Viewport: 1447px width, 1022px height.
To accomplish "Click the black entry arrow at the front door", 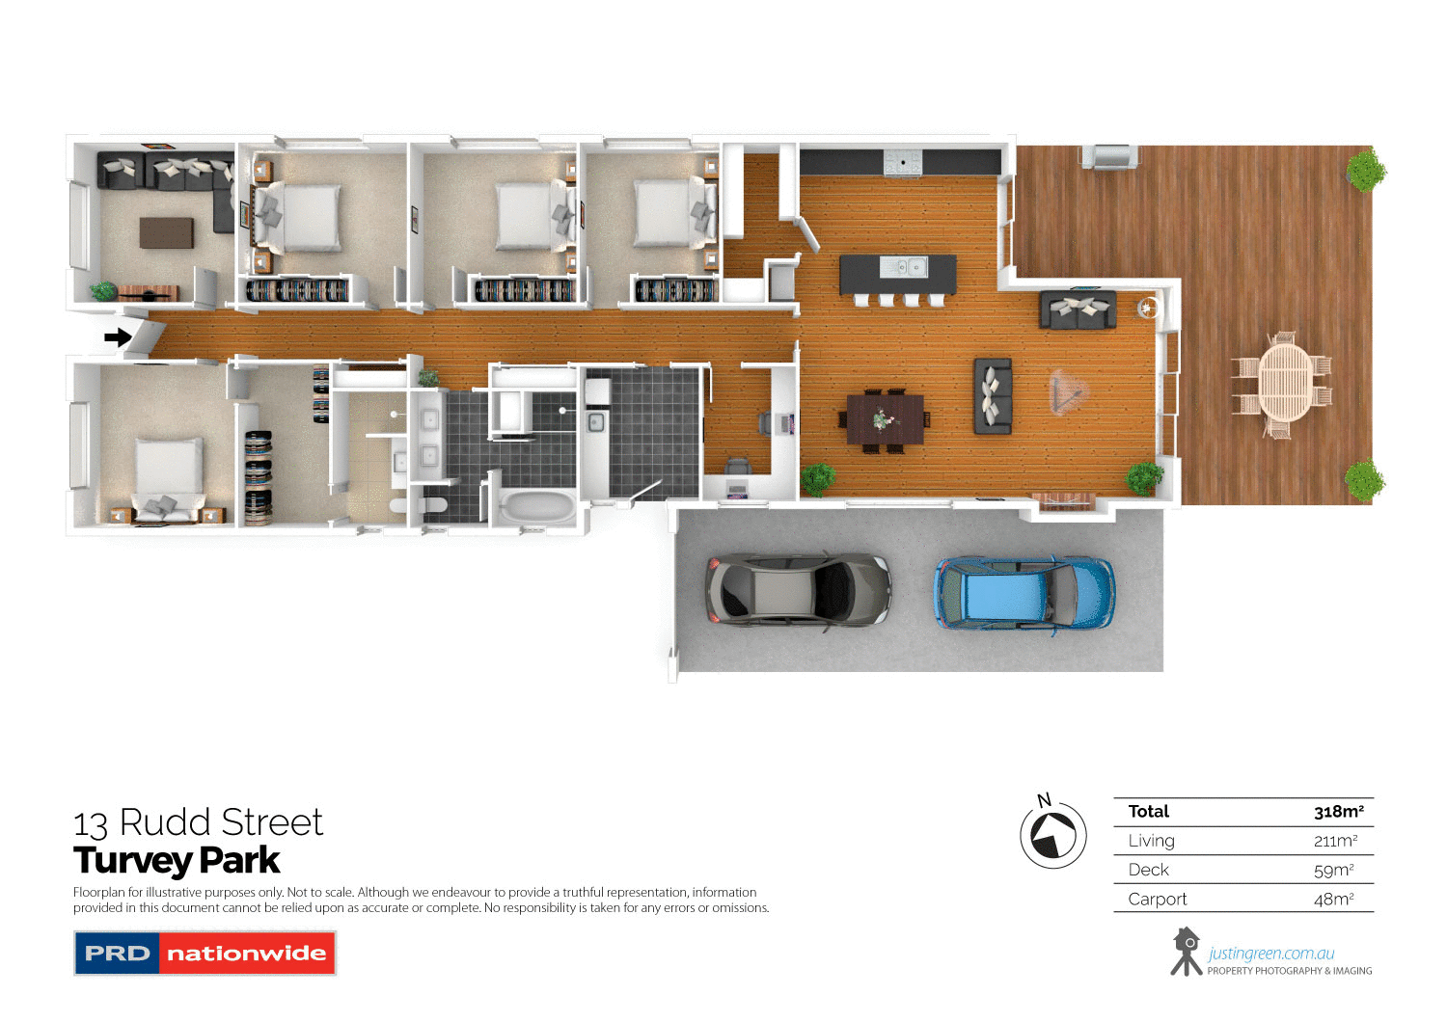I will point(118,337).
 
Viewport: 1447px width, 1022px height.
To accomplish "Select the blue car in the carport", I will point(1024,592).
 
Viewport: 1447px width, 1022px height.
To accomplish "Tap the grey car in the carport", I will point(798,589).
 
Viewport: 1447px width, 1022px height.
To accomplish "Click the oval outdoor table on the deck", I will point(1285,382).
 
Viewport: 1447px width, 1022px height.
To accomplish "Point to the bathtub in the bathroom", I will point(537,507).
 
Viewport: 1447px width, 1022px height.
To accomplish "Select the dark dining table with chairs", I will point(885,419).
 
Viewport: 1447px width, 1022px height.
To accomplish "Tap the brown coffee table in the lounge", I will point(166,232).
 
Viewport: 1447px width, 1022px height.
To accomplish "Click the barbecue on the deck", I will point(1109,156).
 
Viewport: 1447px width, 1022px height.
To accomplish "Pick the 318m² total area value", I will point(1338,812).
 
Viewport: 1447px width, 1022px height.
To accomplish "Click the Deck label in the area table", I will point(1148,870).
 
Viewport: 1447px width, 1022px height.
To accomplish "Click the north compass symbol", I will point(1052,835).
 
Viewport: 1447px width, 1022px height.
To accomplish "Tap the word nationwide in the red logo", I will point(246,954).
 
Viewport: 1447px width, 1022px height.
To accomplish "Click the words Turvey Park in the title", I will point(177,860).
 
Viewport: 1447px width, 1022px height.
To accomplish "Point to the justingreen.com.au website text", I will point(1270,954).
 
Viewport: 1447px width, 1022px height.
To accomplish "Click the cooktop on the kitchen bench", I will point(903,163).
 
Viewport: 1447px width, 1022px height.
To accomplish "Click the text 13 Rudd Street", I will point(198,822).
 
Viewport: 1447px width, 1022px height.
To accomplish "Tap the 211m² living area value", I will point(1335,841).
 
